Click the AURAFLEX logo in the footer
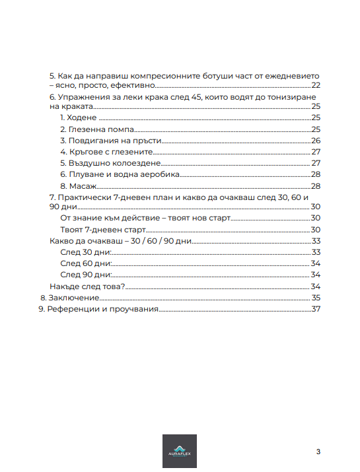coord(180,452)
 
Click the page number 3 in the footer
coord(318,452)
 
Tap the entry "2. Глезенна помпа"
coord(97,129)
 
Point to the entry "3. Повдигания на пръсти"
coord(111,141)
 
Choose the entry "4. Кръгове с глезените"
coord(106,152)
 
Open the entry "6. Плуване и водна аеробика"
coord(120,174)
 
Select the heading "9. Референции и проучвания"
coord(98,310)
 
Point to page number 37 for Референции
coord(315,310)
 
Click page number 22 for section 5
coord(316,85)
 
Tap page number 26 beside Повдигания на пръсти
coord(316,141)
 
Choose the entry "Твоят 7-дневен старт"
coord(102,230)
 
